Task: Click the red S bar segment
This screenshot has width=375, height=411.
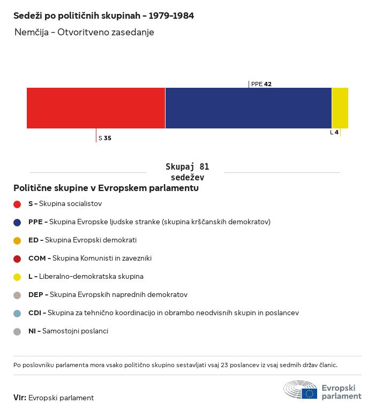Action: tap(96, 108)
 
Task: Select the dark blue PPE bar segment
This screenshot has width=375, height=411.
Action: tap(249, 108)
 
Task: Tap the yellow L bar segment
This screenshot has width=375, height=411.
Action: tap(340, 108)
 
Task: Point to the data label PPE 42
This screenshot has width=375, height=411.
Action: tap(261, 84)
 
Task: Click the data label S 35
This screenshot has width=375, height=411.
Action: tap(105, 138)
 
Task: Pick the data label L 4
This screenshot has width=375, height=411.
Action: tap(334, 132)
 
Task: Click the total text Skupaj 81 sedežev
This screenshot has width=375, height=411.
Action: tap(187, 172)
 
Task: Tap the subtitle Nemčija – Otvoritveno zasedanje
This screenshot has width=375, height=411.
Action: tap(84, 32)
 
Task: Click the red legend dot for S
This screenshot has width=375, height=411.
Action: tap(17, 204)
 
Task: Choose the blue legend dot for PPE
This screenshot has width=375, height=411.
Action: tap(17, 223)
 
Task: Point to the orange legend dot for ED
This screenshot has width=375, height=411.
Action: tap(17, 241)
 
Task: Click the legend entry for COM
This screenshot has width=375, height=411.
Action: tap(90, 258)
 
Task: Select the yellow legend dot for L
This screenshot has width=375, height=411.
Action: tap(17, 277)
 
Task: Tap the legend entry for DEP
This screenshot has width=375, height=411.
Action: tap(108, 295)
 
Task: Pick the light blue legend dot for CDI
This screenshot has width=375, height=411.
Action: tap(17, 314)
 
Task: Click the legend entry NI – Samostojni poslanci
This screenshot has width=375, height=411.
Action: tap(68, 331)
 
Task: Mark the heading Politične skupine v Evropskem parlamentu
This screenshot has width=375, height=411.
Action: tap(106, 188)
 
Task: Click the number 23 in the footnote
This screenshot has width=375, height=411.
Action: tap(224, 365)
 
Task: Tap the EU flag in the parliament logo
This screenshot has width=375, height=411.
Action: tap(309, 393)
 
